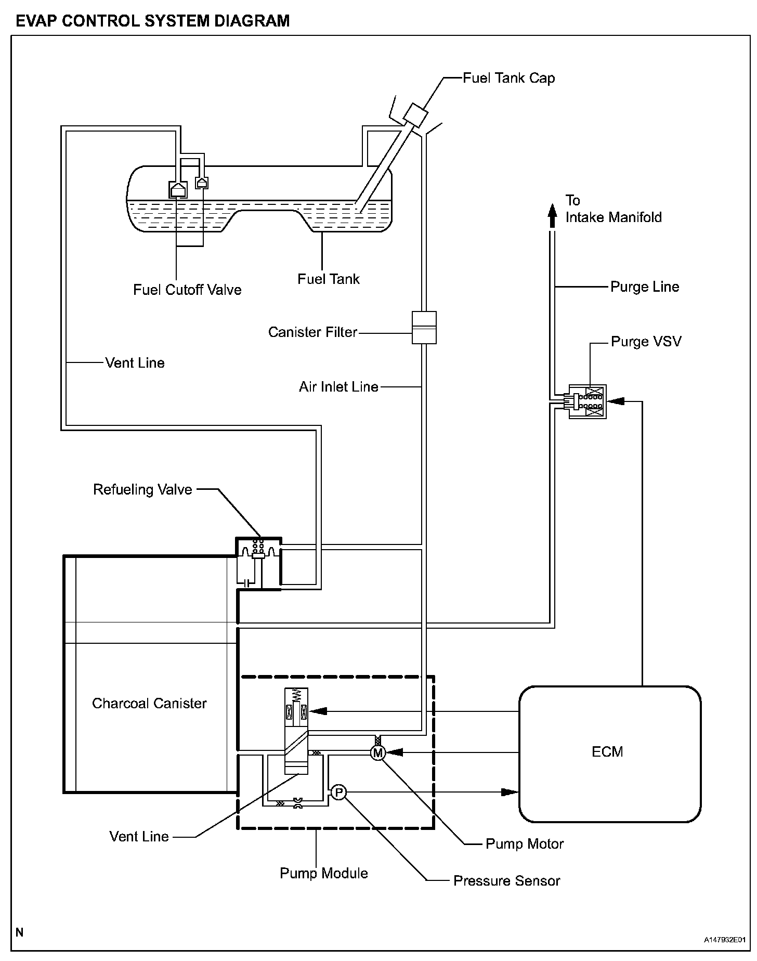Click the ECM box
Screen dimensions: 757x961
click(x=610, y=754)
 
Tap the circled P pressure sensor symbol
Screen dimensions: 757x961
click(x=338, y=792)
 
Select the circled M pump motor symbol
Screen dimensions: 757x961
click(x=378, y=752)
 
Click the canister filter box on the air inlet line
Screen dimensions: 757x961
click(x=424, y=328)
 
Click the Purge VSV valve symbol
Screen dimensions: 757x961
click(x=588, y=402)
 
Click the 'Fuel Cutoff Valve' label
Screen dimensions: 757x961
click(x=187, y=290)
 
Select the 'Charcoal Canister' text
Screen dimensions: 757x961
click(x=149, y=703)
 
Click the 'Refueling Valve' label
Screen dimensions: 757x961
click(x=142, y=489)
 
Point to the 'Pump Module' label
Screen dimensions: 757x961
click(x=324, y=873)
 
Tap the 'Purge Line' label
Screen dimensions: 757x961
click(x=645, y=287)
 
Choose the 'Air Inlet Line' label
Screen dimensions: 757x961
click(x=338, y=386)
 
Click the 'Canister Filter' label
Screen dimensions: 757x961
click(x=312, y=332)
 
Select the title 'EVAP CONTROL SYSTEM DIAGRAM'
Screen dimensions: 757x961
click(x=153, y=21)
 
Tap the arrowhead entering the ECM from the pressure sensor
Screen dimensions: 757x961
click(x=510, y=792)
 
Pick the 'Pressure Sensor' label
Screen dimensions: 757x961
click(x=507, y=881)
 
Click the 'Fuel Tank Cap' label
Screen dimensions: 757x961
click(x=509, y=78)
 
